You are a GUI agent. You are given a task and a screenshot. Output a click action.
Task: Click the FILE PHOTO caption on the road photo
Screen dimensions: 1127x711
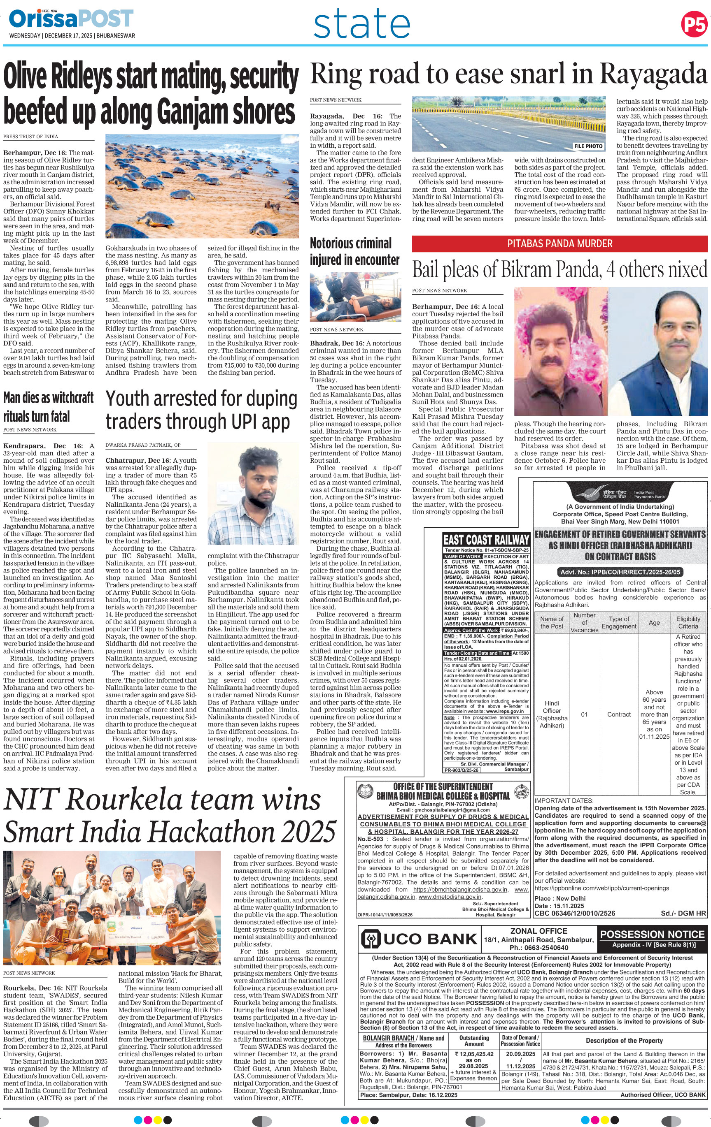[x=588, y=146]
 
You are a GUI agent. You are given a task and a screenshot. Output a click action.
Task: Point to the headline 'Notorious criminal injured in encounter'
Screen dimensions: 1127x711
[x=354, y=251]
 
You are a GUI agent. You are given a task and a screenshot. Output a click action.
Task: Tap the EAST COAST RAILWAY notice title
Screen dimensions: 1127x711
[x=486, y=540]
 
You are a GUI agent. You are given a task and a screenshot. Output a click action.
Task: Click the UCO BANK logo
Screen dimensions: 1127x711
[x=418, y=938]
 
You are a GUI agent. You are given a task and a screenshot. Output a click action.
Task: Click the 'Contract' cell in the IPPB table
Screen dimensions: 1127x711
[x=619, y=714]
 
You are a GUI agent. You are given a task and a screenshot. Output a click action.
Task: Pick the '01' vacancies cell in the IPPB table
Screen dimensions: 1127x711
[x=584, y=714]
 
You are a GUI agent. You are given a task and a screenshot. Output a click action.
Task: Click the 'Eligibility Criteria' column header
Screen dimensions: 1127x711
[x=688, y=622]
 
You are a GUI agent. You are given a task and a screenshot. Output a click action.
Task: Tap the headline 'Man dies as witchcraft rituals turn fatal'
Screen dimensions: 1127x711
[x=49, y=407]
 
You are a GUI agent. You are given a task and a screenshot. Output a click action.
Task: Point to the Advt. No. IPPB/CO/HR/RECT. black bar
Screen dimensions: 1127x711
[x=620, y=572]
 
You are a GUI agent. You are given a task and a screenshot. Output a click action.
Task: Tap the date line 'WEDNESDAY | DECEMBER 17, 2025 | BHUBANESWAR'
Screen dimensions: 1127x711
[x=72, y=35]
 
